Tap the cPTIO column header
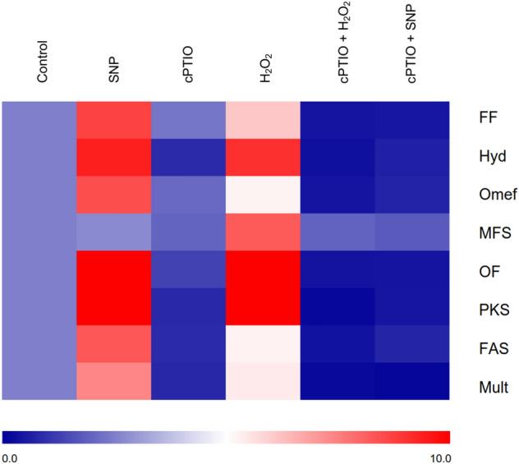click(x=189, y=66)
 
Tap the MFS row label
click(x=494, y=232)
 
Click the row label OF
click(x=488, y=270)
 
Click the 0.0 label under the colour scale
click(x=11, y=456)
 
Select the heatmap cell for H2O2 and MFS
click(x=264, y=232)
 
